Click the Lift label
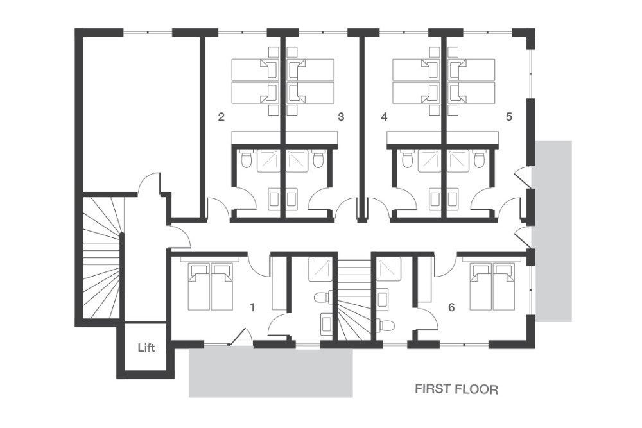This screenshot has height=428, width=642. pyautogui.click(x=146, y=348)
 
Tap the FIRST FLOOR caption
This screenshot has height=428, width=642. pyautogui.click(x=456, y=389)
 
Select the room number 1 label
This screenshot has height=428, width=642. pyautogui.click(x=252, y=307)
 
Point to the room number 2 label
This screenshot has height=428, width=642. pyautogui.click(x=221, y=117)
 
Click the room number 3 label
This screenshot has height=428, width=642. pyautogui.click(x=341, y=117)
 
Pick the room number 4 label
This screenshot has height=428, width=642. pyautogui.click(x=384, y=117)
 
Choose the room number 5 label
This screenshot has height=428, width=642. pyautogui.click(x=509, y=117)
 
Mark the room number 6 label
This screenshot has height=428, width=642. pyautogui.click(x=451, y=307)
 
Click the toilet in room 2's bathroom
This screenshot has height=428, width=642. pyautogui.click(x=247, y=159)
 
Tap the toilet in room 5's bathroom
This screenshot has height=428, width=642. pyautogui.click(x=478, y=159)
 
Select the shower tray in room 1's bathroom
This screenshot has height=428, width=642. pyautogui.click(x=322, y=269)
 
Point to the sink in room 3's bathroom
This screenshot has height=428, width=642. pyautogui.click(x=291, y=198)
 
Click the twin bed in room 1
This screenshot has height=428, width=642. pyautogui.click(x=210, y=286)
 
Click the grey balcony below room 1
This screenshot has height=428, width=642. pyautogui.click(x=271, y=372)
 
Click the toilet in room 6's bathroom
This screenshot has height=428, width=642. pyautogui.click(x=386, y=325)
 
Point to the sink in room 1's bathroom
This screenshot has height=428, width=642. pyautogui.click(x=327, y=323)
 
